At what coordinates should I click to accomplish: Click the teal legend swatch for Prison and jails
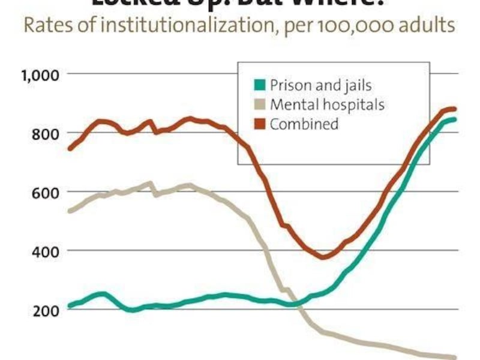259,85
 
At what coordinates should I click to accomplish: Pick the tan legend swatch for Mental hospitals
259,104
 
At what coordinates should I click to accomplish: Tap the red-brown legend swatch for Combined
259,124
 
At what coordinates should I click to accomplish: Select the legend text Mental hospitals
326,105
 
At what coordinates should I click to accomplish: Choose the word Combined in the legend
304,125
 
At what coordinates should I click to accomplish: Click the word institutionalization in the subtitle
193,26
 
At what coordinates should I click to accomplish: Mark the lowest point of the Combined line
323,257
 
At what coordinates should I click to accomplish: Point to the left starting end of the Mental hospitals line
70,211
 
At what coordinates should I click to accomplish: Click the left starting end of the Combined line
70,148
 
